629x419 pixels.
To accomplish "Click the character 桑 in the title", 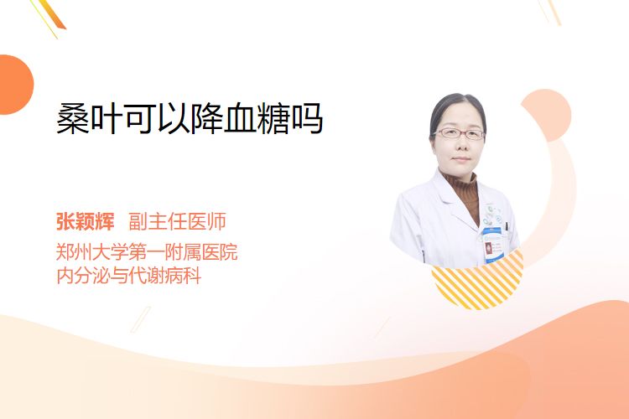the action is pyautogui.click(x=73, y=118).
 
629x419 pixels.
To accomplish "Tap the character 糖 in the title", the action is pyautogui.click(x=273, y=118).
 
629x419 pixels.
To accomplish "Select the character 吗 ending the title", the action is pyautogui.click(x=307, y=118).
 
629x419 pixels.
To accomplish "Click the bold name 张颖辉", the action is pyautogui.click(x=85, y=221).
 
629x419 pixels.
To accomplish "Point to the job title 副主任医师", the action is pyautogui.click(x=177, y=221).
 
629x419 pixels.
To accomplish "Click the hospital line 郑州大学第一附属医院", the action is pyautogui.click(x=147, y=252).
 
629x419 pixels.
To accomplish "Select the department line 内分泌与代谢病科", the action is pyautogui.click(x=129, y=276).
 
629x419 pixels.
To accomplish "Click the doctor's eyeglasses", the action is pyautogui.click(x=459, y=133).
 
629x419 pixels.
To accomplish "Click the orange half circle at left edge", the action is pyautogui.click(x=16, y=85).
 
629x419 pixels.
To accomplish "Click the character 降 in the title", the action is pyautogui.click(x=207, y=118).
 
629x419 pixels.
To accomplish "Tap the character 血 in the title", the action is pyautogui.click(x=241, y=118).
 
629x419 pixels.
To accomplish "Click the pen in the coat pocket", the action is pyautogui.click(x=507, y=227).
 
